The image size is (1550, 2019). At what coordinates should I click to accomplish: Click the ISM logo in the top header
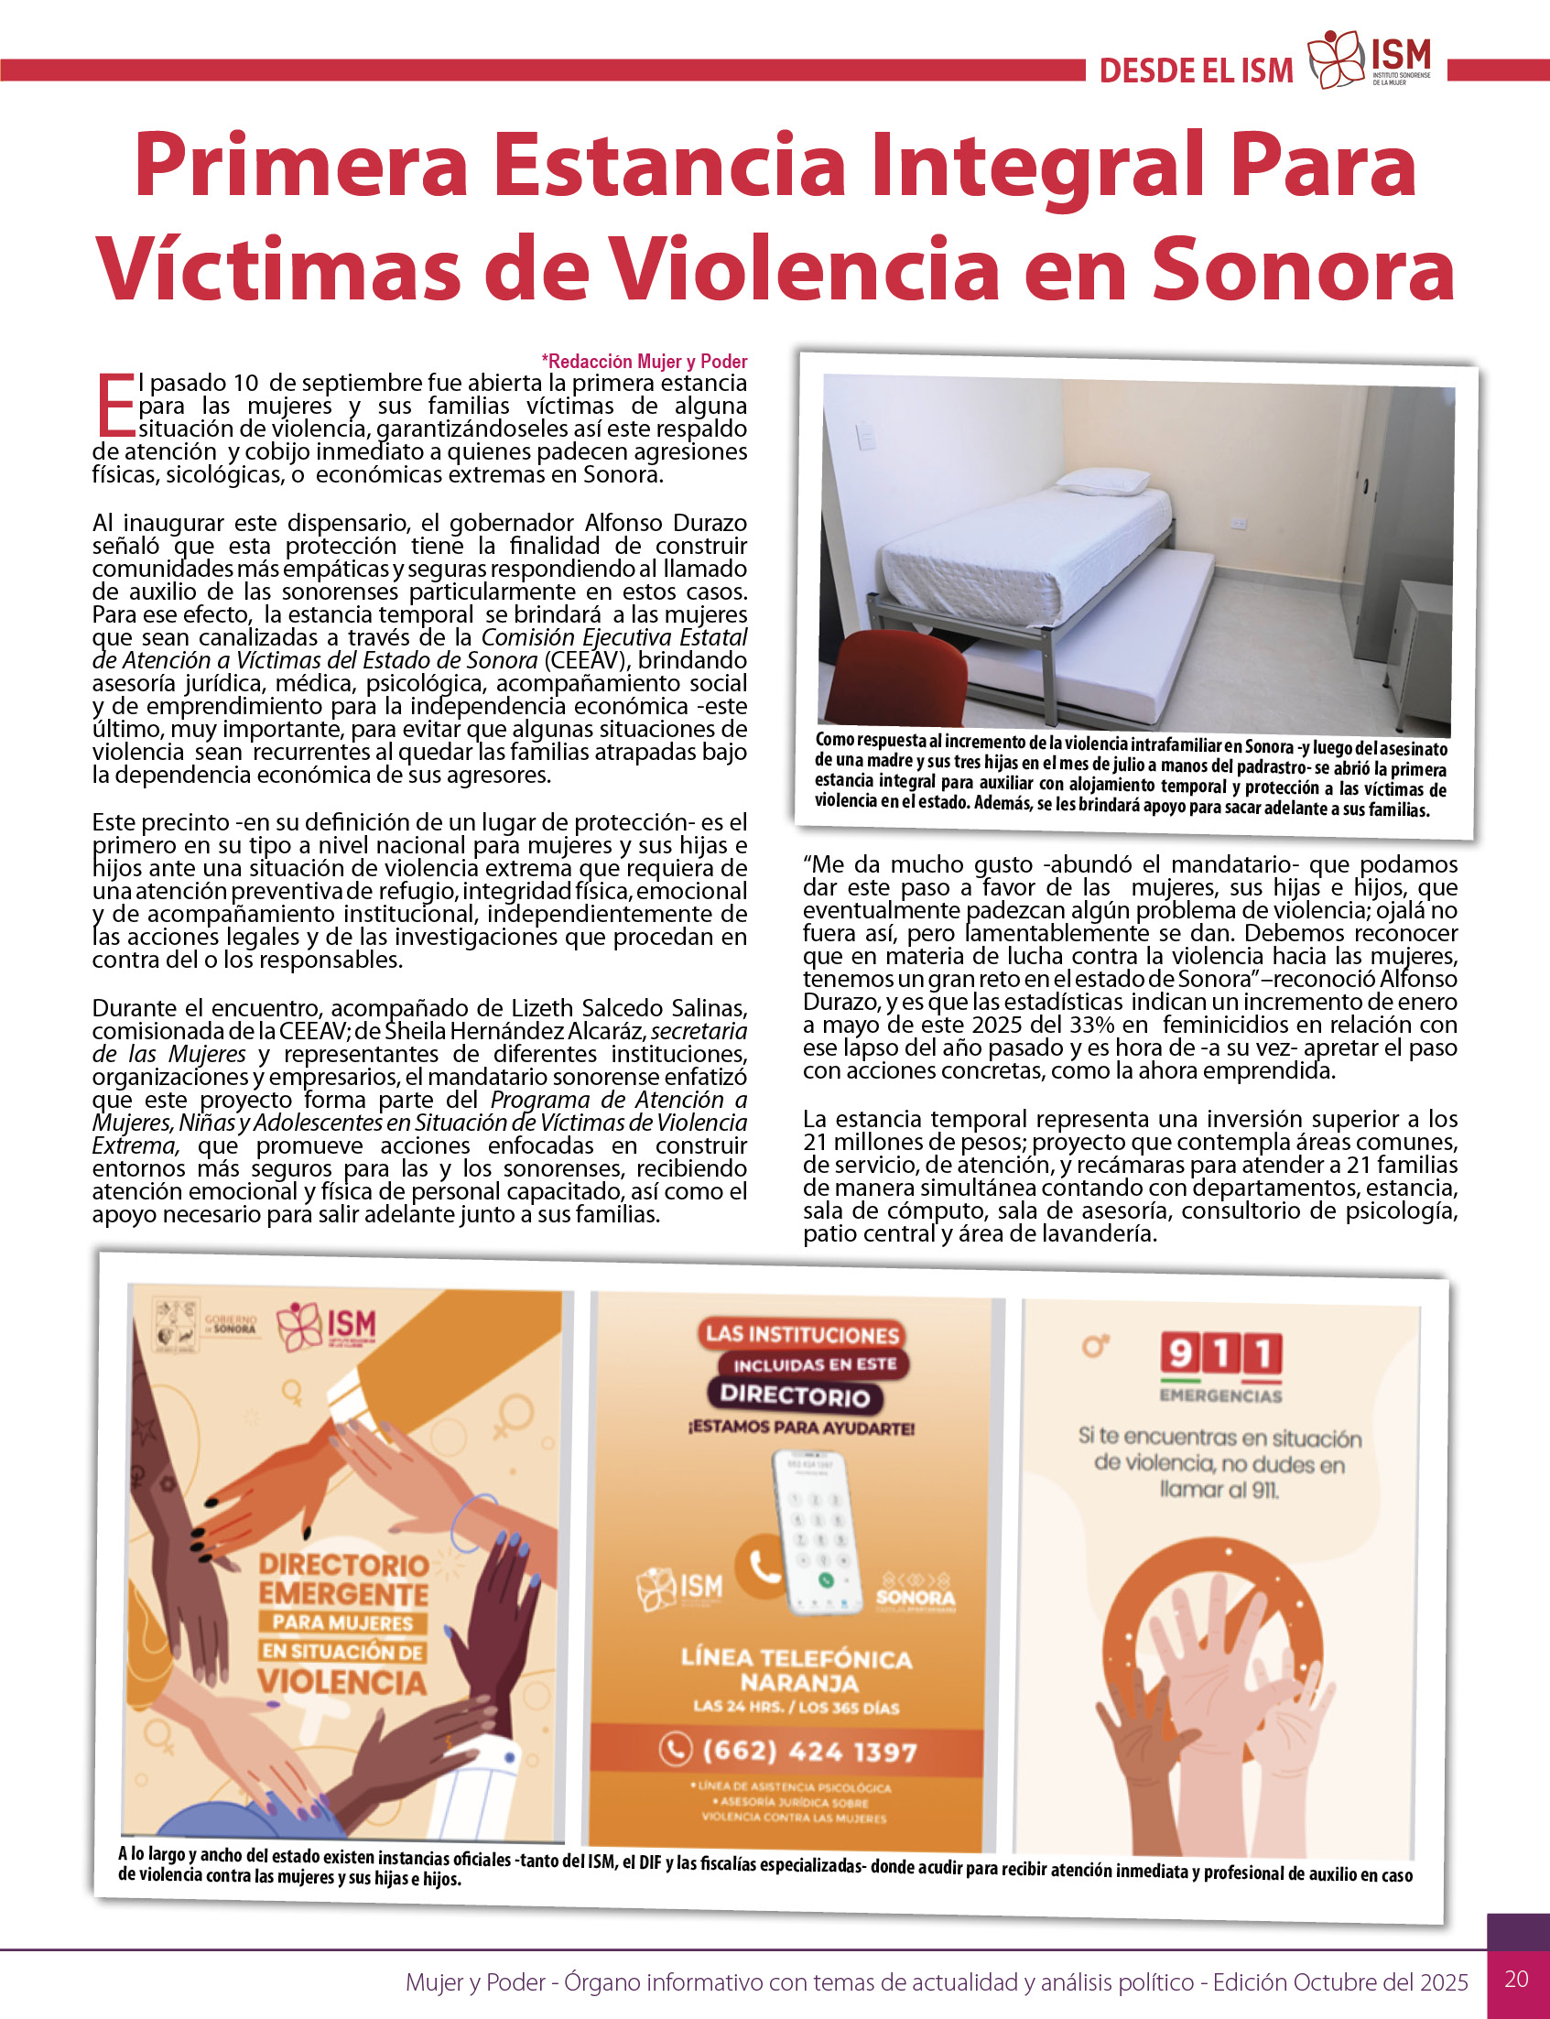[x=1369, y=62]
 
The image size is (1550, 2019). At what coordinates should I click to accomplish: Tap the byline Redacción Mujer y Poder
[x=644, y=361]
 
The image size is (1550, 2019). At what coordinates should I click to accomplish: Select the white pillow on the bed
[x=1103, y=481]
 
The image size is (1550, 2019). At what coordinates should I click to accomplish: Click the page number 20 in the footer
[x=1516, y=1979]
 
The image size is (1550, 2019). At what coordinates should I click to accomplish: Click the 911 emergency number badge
[x=1220, y=1354]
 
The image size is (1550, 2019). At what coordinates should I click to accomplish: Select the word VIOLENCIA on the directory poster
[x=342, y=1681]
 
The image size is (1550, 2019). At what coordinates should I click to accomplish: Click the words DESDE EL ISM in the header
[x=1196, y=71]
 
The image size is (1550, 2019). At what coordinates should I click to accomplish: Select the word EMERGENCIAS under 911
[x=1220, y=1395]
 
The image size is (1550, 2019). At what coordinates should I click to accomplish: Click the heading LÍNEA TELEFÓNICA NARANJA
[x=797, y=1669]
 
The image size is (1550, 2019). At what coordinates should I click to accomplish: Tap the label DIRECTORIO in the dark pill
[x=796, y=1395]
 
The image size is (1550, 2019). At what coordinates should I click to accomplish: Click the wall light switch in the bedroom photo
[x=864, y=435]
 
